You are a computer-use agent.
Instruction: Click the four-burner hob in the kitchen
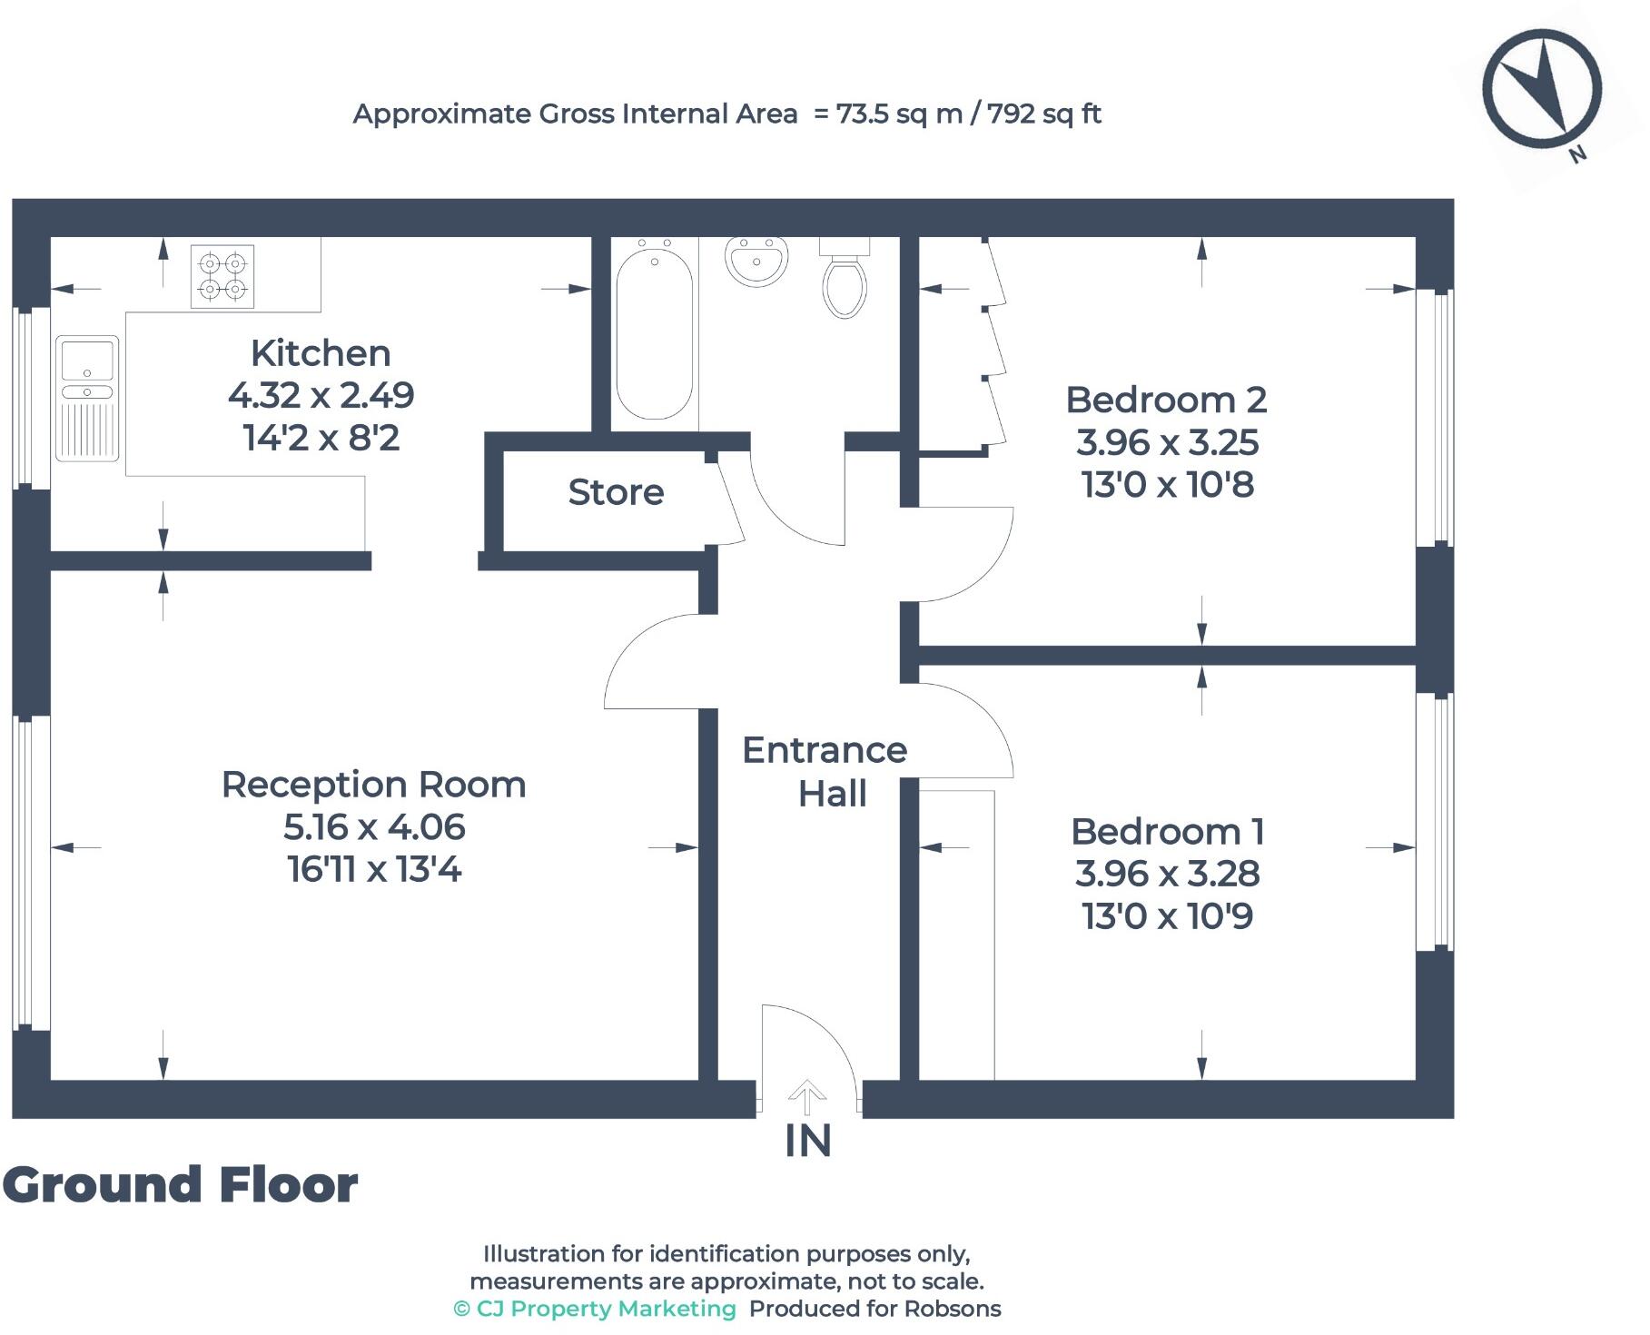[222, 276]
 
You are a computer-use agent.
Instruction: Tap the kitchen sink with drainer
[87, 398]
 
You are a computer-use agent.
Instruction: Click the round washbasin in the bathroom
[756, 261]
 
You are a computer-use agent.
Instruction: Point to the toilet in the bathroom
[845, 282]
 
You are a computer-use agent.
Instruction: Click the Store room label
[616, 492]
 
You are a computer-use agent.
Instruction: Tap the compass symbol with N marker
[1542, 90]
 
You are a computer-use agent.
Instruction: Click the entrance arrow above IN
[806, 1097]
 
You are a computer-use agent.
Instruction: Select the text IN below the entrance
[807, 1142]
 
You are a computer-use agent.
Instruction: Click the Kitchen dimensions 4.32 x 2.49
[321, 395]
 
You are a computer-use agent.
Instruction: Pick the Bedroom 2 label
[1166, 400]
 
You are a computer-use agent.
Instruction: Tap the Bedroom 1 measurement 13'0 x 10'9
[1167, 916]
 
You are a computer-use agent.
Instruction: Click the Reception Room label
[373, 785]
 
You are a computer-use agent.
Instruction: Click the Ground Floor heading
[181, 1185]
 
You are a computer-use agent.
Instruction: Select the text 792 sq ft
[1044, 114]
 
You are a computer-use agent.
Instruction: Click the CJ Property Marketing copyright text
[595, 1309]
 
